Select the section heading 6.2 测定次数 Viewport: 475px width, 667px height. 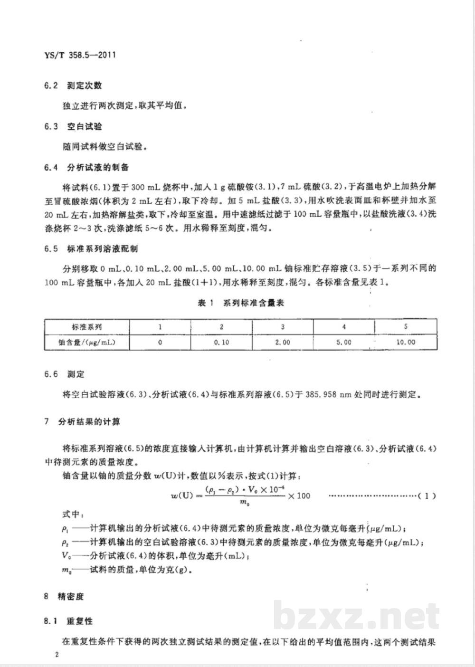pyautogui.click(x=73, y=86)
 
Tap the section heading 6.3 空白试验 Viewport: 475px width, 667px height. pyautogui.click(x=73, y=127)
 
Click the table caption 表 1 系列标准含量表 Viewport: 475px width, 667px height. pyautogui.click(x=241, y=303)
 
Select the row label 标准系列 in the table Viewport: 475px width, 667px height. pyautogui.click(x=87, y=327)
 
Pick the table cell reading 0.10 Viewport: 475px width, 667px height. pyautogui.click(x=221, y=342)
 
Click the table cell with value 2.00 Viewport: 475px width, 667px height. pyautogui.click(x=283, y=342)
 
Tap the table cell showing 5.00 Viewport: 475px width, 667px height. pyautogui.click(x=344, y=342)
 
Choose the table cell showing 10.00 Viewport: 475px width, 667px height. pyautogui.click(x=405, y=342)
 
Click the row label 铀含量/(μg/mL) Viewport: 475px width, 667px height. pyautogui.click(x=87, y=342)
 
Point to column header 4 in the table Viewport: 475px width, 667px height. pyautogui.click(x=344, y=327)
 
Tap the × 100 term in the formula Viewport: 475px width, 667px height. pyautogui.click(x=299, y=496)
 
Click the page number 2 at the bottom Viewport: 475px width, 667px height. pyautogui.click(x=57, y=655)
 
